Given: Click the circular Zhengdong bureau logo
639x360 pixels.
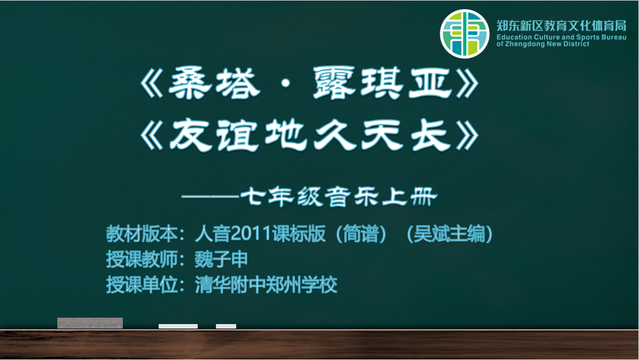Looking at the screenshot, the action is (x=464, y=34).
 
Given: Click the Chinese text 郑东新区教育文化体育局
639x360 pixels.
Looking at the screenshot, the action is (x=561, y=25).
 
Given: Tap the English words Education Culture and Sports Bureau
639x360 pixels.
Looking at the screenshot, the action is (x=561, y=37).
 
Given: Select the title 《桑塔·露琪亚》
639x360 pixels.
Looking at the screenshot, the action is (x=309, y=84).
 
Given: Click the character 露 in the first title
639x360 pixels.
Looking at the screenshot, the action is (x=334, y=84).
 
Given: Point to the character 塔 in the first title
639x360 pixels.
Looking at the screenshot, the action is (x=238, y=84).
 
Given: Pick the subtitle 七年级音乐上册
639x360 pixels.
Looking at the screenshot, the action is (x=339, y=197).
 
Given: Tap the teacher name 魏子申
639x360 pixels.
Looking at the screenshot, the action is (x=221, y=260).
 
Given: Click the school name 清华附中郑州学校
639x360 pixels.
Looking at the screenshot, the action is (x=266, y=284).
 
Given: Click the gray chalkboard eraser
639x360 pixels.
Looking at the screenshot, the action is (x=90, y=323).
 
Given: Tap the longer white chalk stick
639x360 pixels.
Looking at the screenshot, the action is (x=178, y=326).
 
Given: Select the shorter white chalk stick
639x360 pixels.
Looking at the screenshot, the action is (x=226, y=326).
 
